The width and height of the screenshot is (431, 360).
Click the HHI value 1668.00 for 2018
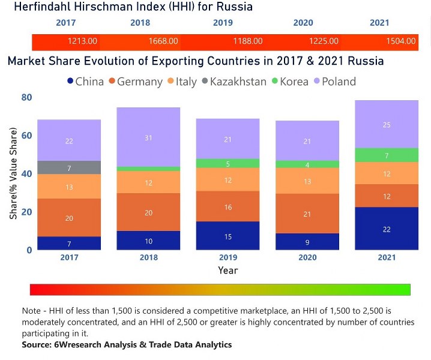pos(164,41)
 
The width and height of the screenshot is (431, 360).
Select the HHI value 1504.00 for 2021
pos(401,41)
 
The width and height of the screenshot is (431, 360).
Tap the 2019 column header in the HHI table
pos(223,23)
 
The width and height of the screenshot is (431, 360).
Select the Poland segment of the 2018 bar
pos(148,137)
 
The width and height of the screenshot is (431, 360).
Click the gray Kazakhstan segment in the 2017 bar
pos(69,167)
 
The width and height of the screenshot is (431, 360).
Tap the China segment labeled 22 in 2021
pos(387,229)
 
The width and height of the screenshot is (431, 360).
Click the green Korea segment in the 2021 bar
pos(387,155)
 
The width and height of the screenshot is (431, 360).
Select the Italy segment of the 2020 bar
pos(307,181)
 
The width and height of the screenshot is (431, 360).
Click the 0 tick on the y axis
pos(28,250)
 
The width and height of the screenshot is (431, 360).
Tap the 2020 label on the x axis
pos(307,257)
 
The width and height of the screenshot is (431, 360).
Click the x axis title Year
pos(228,270)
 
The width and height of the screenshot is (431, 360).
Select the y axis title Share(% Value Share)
pos(13,175)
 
